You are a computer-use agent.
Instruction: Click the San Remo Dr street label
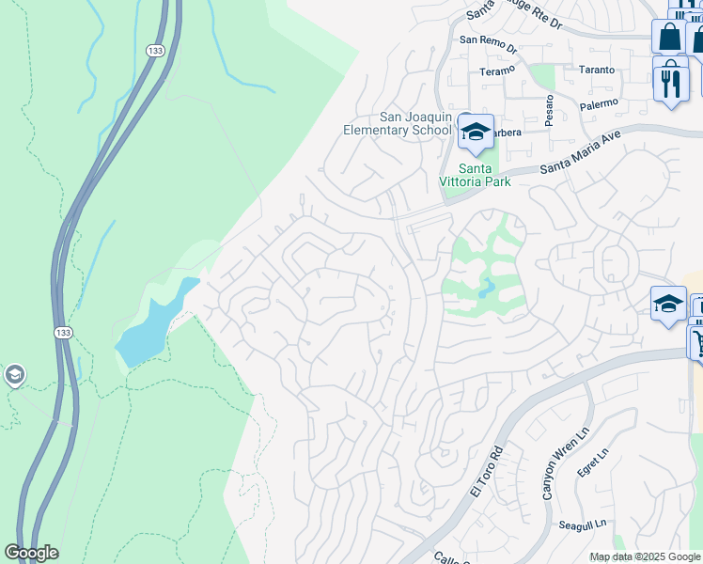click(489, 42)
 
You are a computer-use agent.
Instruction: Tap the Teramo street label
click(497, 70)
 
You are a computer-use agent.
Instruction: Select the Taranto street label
click(596, 70)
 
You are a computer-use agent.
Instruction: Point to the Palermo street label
click(599, 103)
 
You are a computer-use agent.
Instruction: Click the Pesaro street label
click(548, 109)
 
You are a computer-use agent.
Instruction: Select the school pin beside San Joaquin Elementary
click(476, 133)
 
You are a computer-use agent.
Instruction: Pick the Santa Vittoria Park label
click(477, 175)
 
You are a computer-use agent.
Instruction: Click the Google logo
click(31, 553)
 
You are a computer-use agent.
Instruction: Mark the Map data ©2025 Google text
click(644, 556)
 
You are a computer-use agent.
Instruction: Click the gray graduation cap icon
click(13, 376)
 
